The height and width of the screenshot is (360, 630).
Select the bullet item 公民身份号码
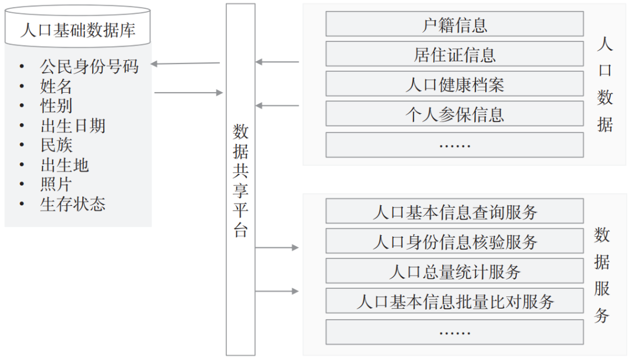[89, 67]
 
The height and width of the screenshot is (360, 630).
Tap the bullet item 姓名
[56, 87]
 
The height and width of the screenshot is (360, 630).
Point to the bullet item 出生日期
[73, 125]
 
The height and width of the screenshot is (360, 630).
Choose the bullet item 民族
[56, 145]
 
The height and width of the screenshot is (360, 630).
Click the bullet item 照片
[56, 184]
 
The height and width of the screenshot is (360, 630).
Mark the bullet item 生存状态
[73, 204]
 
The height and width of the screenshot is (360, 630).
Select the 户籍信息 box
[454, 25]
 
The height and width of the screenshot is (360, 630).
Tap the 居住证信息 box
[454, 55]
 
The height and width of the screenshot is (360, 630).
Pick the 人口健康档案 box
[454, 85]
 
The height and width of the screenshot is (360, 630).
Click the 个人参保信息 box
[454, 114]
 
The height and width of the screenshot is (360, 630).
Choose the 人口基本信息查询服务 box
[454, 212]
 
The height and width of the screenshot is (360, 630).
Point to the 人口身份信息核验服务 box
[454, 242]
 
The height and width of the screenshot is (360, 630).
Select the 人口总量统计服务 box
[454, 271]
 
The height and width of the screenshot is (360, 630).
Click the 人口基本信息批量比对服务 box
[454, 302]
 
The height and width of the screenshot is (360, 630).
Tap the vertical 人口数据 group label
[605, 85]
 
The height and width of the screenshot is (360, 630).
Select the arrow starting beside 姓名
[188, 92]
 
